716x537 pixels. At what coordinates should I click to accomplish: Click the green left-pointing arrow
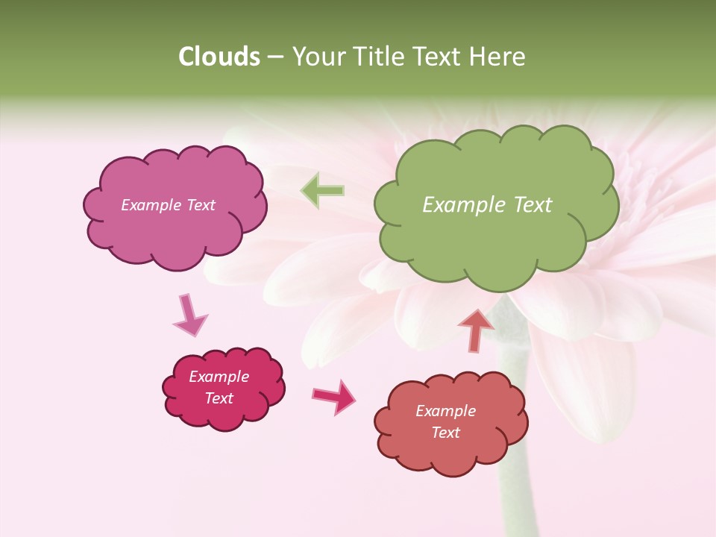pos(322,190)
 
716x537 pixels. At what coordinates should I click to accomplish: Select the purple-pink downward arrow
pos(189,315)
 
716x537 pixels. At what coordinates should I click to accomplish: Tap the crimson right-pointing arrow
pos(334,396)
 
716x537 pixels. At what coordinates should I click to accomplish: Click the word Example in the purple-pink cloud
pos(151,205)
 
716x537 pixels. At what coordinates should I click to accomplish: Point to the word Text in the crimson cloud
pos(219,398)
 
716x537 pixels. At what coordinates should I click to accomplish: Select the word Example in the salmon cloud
pos(445,411)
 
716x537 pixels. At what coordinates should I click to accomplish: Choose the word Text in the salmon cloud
pos(445,433)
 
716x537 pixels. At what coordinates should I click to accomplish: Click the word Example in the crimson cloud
pos(219,377)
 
